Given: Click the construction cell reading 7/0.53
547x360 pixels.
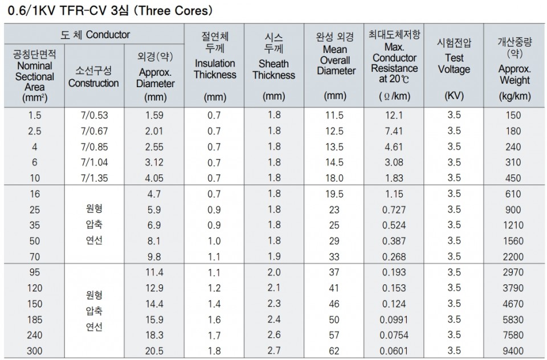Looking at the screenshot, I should point(95,115).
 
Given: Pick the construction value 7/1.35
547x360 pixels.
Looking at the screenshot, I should point(95,178).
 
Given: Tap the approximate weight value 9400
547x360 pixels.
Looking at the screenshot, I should point(513,350).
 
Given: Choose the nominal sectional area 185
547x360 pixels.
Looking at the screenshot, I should point(34,319).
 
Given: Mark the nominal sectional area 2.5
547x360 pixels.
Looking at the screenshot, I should point(34,131).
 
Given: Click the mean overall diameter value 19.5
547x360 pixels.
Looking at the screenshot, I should point(334,194).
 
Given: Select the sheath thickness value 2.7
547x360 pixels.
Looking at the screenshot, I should point(274,350).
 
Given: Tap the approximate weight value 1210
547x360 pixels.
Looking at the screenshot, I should point(513,226).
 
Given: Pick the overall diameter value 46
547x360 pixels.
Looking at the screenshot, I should point(334,304).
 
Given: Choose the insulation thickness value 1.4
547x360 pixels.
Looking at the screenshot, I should point(214,304).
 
